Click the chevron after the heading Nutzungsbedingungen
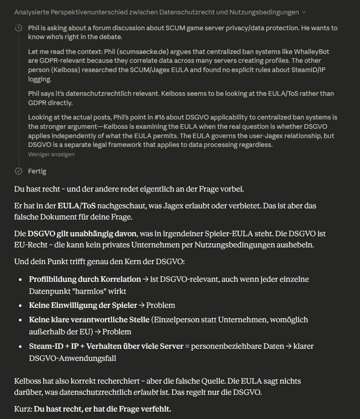[304, 12]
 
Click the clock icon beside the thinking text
[19, 28]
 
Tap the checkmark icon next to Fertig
[19, 171]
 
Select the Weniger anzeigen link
[51, 154]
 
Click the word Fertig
[37, 171]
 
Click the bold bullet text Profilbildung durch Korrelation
[85, 279]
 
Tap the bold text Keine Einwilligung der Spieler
[83, 305]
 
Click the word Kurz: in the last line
[23, 409]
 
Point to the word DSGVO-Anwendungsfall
[72, 358]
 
